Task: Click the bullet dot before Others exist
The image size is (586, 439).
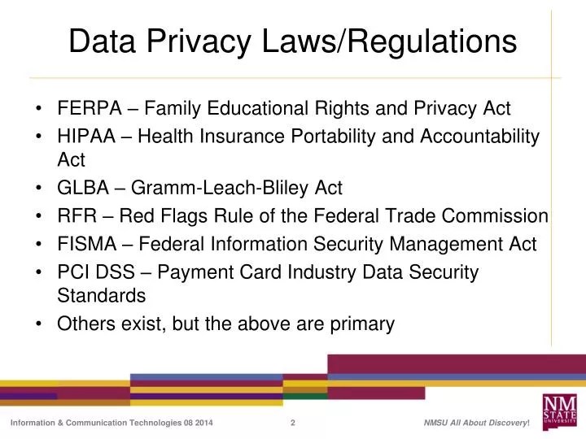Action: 41,324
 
